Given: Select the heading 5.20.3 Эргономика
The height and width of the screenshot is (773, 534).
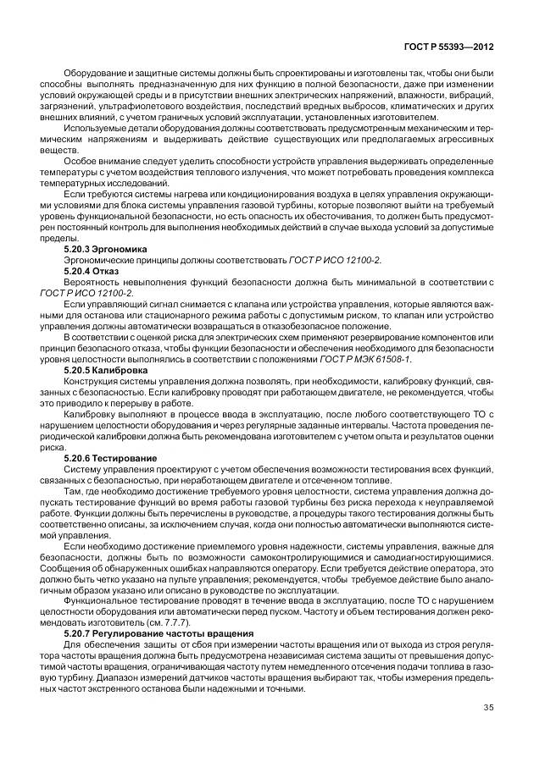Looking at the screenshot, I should point(106,250).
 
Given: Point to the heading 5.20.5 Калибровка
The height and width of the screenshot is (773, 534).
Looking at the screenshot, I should point(106,371).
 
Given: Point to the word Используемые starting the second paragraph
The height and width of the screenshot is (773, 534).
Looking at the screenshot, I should point(93,129).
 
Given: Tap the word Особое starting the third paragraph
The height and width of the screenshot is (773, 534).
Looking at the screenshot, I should point(81,159).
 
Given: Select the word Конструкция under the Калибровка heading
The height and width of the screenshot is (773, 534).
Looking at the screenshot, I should point(92,381).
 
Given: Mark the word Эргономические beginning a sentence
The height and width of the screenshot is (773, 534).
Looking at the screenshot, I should point(98,260).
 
